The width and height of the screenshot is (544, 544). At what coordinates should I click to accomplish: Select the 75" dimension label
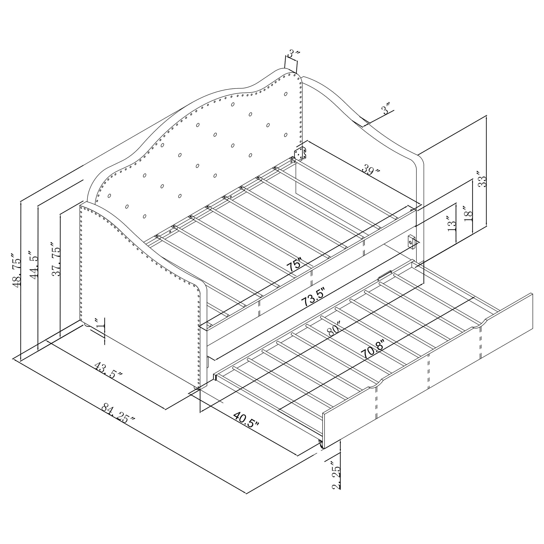click(294, 264)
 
